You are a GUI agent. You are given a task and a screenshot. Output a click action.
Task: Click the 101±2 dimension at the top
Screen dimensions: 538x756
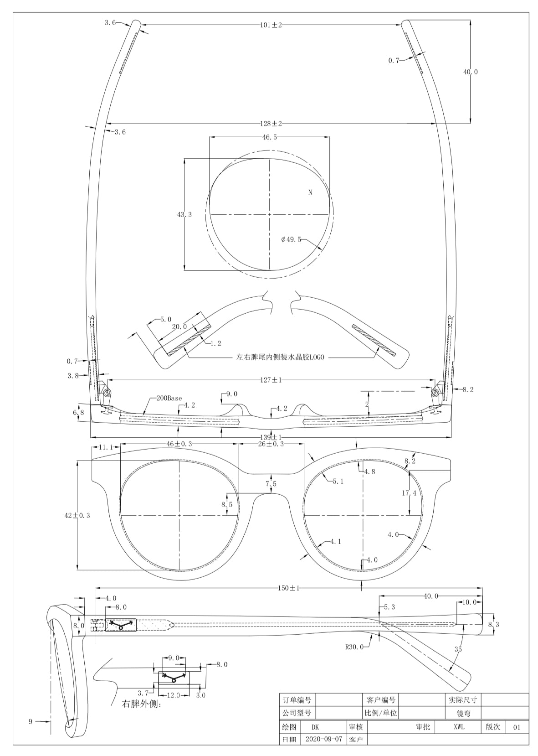271,25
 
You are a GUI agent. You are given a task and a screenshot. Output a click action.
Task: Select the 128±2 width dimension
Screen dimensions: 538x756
271,124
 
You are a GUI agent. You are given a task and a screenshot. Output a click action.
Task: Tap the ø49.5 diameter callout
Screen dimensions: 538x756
291,240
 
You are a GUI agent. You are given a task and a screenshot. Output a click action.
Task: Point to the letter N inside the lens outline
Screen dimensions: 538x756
310,192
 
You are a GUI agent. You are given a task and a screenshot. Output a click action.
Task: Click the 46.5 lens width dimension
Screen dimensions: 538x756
270,137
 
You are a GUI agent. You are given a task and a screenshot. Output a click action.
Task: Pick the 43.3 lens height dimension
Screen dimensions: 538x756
184,214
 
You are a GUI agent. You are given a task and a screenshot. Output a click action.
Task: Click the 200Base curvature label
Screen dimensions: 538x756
169,398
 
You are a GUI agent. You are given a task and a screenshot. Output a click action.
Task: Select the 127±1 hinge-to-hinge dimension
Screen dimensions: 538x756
271,380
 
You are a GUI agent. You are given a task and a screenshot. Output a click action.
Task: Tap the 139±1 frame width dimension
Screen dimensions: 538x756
271,438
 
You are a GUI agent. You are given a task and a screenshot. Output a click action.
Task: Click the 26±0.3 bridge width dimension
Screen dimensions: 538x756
271,444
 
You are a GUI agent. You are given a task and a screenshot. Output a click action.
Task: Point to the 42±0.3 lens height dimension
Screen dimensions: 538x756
77,515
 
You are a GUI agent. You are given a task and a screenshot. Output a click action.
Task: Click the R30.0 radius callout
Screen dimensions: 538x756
354,647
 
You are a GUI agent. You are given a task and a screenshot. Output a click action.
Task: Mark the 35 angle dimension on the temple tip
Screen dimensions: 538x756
458,649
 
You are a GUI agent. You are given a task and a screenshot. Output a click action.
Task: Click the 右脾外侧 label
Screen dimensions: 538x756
142,704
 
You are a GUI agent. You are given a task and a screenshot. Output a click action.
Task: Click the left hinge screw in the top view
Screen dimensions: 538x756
108,393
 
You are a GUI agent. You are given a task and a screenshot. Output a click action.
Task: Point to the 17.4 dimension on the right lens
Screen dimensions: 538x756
409,493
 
